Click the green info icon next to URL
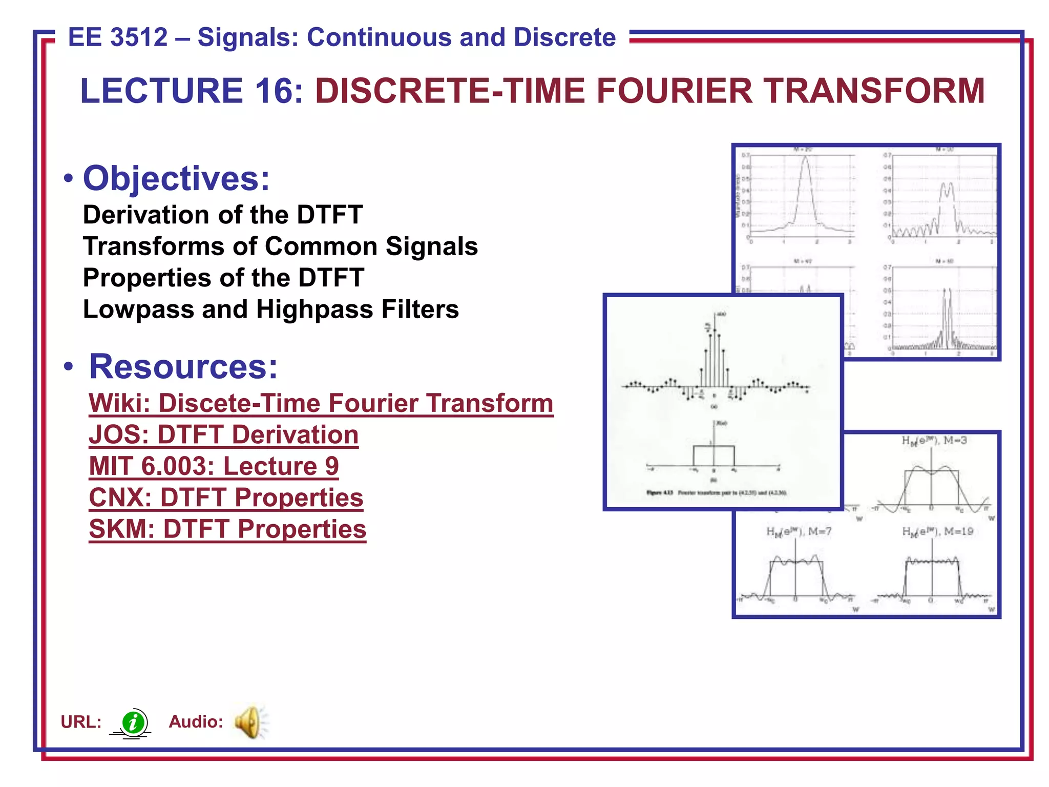click(x=134, y=722)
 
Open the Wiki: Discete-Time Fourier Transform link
click(x=321, y=403)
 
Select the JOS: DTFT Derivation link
click(x=223, y=435)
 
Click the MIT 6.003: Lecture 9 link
click(x=214, y=466)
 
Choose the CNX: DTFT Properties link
click(x=226, y=498)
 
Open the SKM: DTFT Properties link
click(x=227, y=529)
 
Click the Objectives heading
click(x=176, y=178)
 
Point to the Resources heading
click(x=183, y=367)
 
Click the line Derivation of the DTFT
click(x=223, y=215)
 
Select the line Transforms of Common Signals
click(x=280, y=246)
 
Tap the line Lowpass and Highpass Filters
click(x=270, y=309)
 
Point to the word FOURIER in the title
click(x=674, y=91)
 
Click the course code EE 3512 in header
click(x=118, y=37)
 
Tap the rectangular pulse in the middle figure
click(x=714, y=455)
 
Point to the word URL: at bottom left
click(x=81, y=722)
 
